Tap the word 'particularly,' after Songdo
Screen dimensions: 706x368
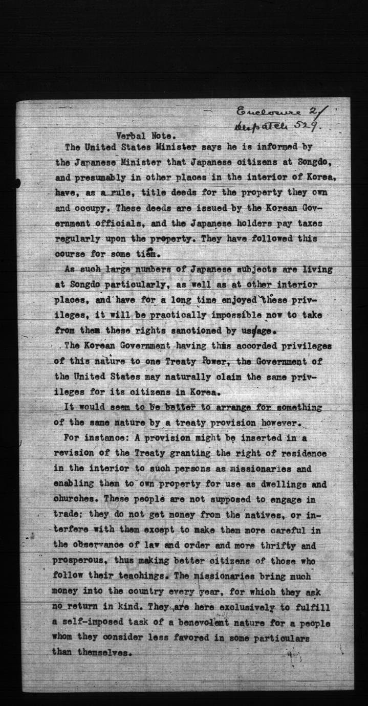coord(146,284)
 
